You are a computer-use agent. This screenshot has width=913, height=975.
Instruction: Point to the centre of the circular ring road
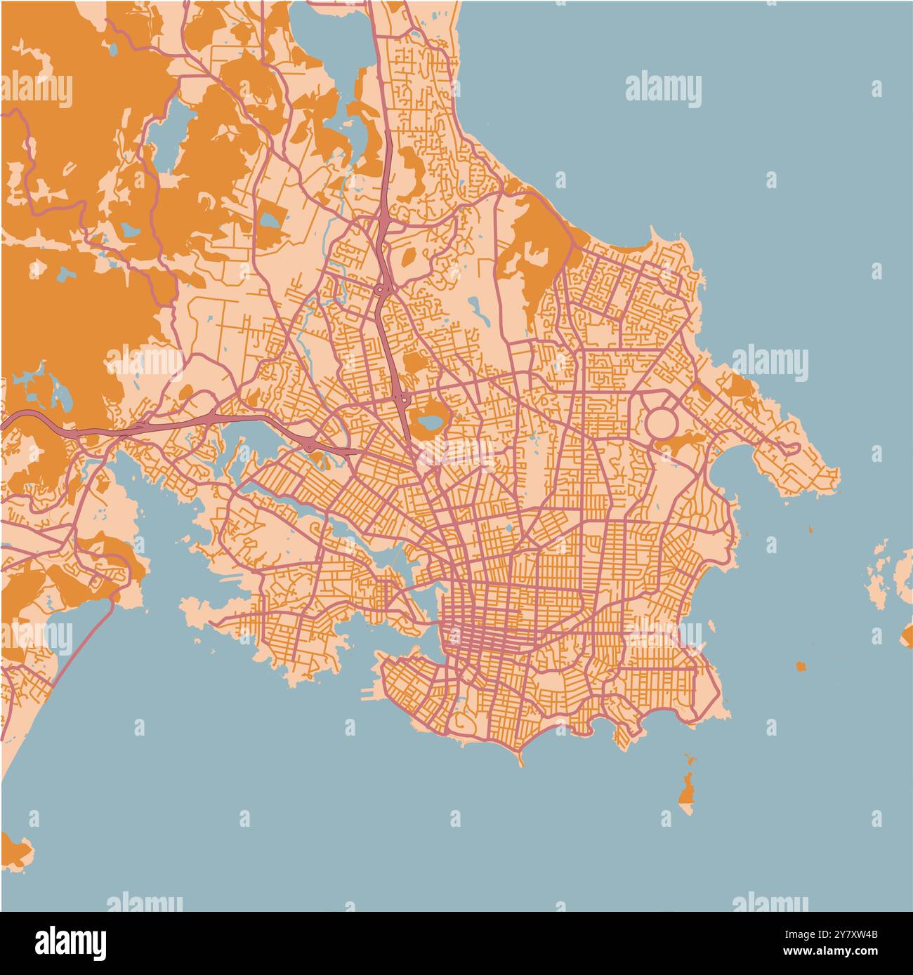click(x=661, y=423)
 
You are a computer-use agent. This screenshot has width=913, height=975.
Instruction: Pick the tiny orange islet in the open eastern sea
click(x=800, y=665)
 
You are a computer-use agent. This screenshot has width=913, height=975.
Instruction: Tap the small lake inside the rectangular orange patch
click(x=270, y=220)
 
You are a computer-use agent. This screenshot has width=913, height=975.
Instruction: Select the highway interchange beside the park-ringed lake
click(x=402, y=399)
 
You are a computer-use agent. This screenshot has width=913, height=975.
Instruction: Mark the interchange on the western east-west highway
click(x=310, y=444)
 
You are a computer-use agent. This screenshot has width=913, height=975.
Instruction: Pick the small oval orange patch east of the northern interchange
click(x=407, y=257)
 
